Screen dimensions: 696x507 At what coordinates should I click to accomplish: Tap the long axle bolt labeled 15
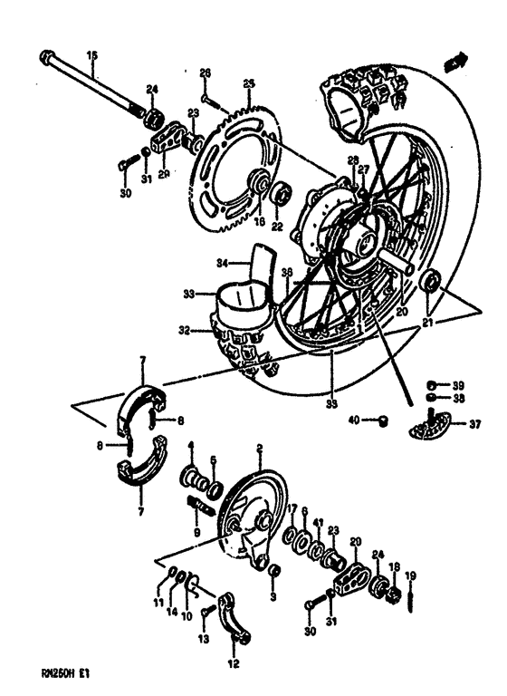pos(91,83)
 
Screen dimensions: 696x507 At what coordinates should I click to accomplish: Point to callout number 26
pos(205,72)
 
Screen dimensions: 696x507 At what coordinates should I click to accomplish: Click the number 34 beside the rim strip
pos(197,265)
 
